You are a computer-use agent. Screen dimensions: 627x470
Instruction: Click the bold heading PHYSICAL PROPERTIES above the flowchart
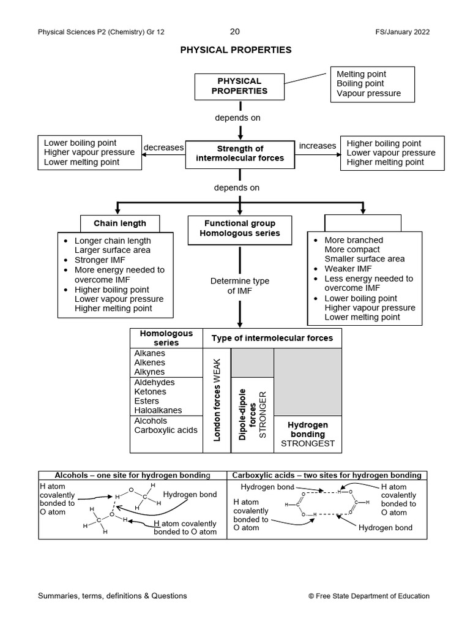[236, 50]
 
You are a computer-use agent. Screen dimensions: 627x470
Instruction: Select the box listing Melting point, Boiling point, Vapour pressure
[371, 84]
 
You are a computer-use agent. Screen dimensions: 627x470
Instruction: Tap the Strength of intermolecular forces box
[240, 153]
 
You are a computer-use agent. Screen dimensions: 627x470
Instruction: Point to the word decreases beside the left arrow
[163, 148]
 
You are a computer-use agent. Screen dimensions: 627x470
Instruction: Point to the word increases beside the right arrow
[317, 146]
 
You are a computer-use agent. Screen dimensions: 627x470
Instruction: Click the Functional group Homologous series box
[239, 228]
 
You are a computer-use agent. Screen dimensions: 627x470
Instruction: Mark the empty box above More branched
[362, 222]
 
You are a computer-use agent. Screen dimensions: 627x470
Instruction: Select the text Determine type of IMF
[240, 286]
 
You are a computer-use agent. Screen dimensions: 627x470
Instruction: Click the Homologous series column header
[166, 338]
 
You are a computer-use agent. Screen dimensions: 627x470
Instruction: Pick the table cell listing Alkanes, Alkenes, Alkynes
[166, 362]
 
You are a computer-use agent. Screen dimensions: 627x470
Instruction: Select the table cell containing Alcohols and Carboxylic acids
[166, 434]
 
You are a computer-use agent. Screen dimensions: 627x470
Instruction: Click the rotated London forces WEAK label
[217, 400]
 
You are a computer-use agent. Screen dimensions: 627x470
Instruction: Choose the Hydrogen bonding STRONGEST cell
[307, 434]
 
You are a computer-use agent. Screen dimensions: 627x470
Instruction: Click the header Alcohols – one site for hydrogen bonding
[132, 475]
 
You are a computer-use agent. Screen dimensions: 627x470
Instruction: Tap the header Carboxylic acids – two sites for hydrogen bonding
[327, 475]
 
